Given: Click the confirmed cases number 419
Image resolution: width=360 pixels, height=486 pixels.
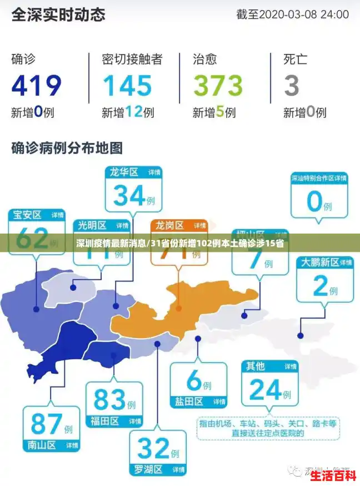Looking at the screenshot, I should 36,85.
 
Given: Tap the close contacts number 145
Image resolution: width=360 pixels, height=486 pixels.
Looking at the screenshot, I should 127,85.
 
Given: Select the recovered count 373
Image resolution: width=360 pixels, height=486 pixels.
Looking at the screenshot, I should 218,85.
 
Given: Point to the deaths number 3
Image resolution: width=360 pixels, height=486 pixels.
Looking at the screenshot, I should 292,85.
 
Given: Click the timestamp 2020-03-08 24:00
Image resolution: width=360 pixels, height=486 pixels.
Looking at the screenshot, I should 292,14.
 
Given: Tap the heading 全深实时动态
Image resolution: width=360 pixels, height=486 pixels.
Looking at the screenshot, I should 58,14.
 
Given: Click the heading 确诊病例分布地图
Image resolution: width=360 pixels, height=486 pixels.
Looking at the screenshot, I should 67,148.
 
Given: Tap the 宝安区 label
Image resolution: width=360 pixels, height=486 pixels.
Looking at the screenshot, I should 28,215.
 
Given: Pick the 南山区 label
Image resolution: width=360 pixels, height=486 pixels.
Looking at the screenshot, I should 42,445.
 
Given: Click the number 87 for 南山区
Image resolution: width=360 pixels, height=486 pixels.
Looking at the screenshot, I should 46,424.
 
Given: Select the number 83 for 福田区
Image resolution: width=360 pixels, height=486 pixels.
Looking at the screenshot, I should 109,399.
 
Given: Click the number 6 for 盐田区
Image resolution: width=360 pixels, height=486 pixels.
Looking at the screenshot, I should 194,380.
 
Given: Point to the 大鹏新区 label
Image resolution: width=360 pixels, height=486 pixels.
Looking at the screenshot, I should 319,262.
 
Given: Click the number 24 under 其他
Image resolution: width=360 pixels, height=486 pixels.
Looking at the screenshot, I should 265,390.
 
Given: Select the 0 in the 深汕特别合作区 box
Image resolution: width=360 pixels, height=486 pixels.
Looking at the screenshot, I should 314,201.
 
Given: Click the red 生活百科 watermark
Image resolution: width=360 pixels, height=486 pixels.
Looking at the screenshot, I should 333,475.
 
